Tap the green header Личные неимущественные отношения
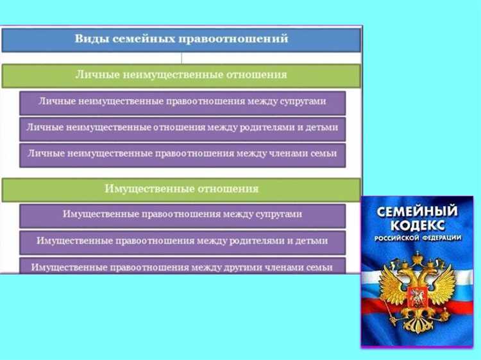coord(181,75)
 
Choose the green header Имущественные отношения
coord(181,189)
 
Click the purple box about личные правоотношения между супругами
coord(182,101)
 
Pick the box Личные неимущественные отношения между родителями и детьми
coord(182,127)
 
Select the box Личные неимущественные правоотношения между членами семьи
coord(182,154)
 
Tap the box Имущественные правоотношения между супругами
coord(182,214)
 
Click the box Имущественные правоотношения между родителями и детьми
coord(182,241)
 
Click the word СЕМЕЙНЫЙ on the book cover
coord(418,211)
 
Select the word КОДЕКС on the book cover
coord(418,226)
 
